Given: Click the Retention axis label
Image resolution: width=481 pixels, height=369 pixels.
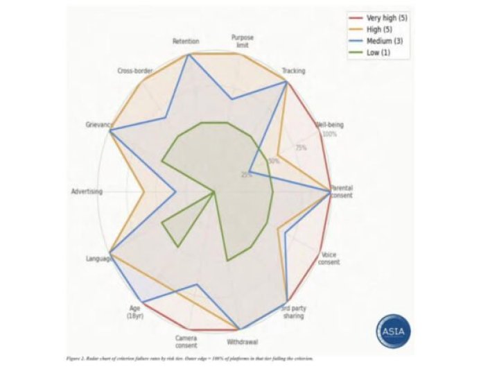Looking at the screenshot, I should tap(185, 42).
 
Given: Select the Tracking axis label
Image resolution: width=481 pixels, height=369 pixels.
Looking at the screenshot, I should tap(294, 71).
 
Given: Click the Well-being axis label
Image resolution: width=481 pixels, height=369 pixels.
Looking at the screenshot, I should tap(330, 125).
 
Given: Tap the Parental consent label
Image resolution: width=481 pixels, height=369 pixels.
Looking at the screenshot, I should tap(341, 191).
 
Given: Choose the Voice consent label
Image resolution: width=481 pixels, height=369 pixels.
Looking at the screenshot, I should tap(329, 258).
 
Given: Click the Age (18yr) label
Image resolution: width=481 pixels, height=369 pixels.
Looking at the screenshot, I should tap(134, 312).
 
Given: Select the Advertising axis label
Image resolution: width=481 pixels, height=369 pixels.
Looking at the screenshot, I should tap(87, 191).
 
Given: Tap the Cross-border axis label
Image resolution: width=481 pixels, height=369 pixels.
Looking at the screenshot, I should tap(135, 71).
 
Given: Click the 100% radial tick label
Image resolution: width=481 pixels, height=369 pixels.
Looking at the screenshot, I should tap(330, 134).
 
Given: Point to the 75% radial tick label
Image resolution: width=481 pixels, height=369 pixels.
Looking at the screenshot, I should tap(301, 148).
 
